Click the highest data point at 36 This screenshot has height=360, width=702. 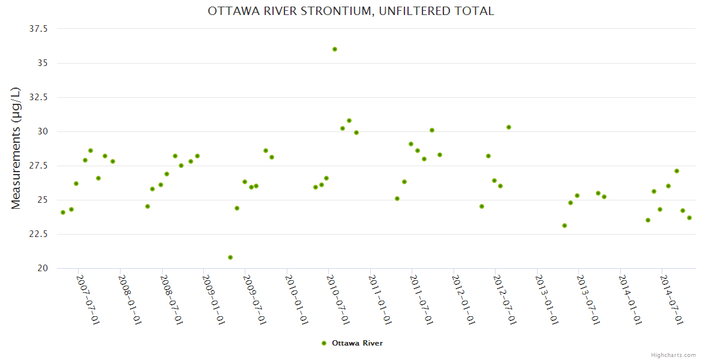click(x=335, y=49)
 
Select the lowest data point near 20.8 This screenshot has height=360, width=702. click(x=230, y=257)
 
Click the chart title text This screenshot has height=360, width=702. click(x=351, y=11)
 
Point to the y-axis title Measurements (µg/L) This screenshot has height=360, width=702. click(x=16, y=148)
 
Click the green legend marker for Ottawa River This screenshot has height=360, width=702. click(x=324, y=343)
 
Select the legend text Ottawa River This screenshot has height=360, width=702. click(x=357, y=343)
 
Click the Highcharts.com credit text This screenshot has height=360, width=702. click(x=673, y=355)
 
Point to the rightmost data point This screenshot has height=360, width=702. click(x=689, y=218)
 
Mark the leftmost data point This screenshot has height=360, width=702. click(x=63, y=212)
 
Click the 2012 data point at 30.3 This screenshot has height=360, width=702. click(x=509, y=127)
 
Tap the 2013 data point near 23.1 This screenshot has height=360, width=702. click(x=565, y=226)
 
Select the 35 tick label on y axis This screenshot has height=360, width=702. click(x=43, y=63)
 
